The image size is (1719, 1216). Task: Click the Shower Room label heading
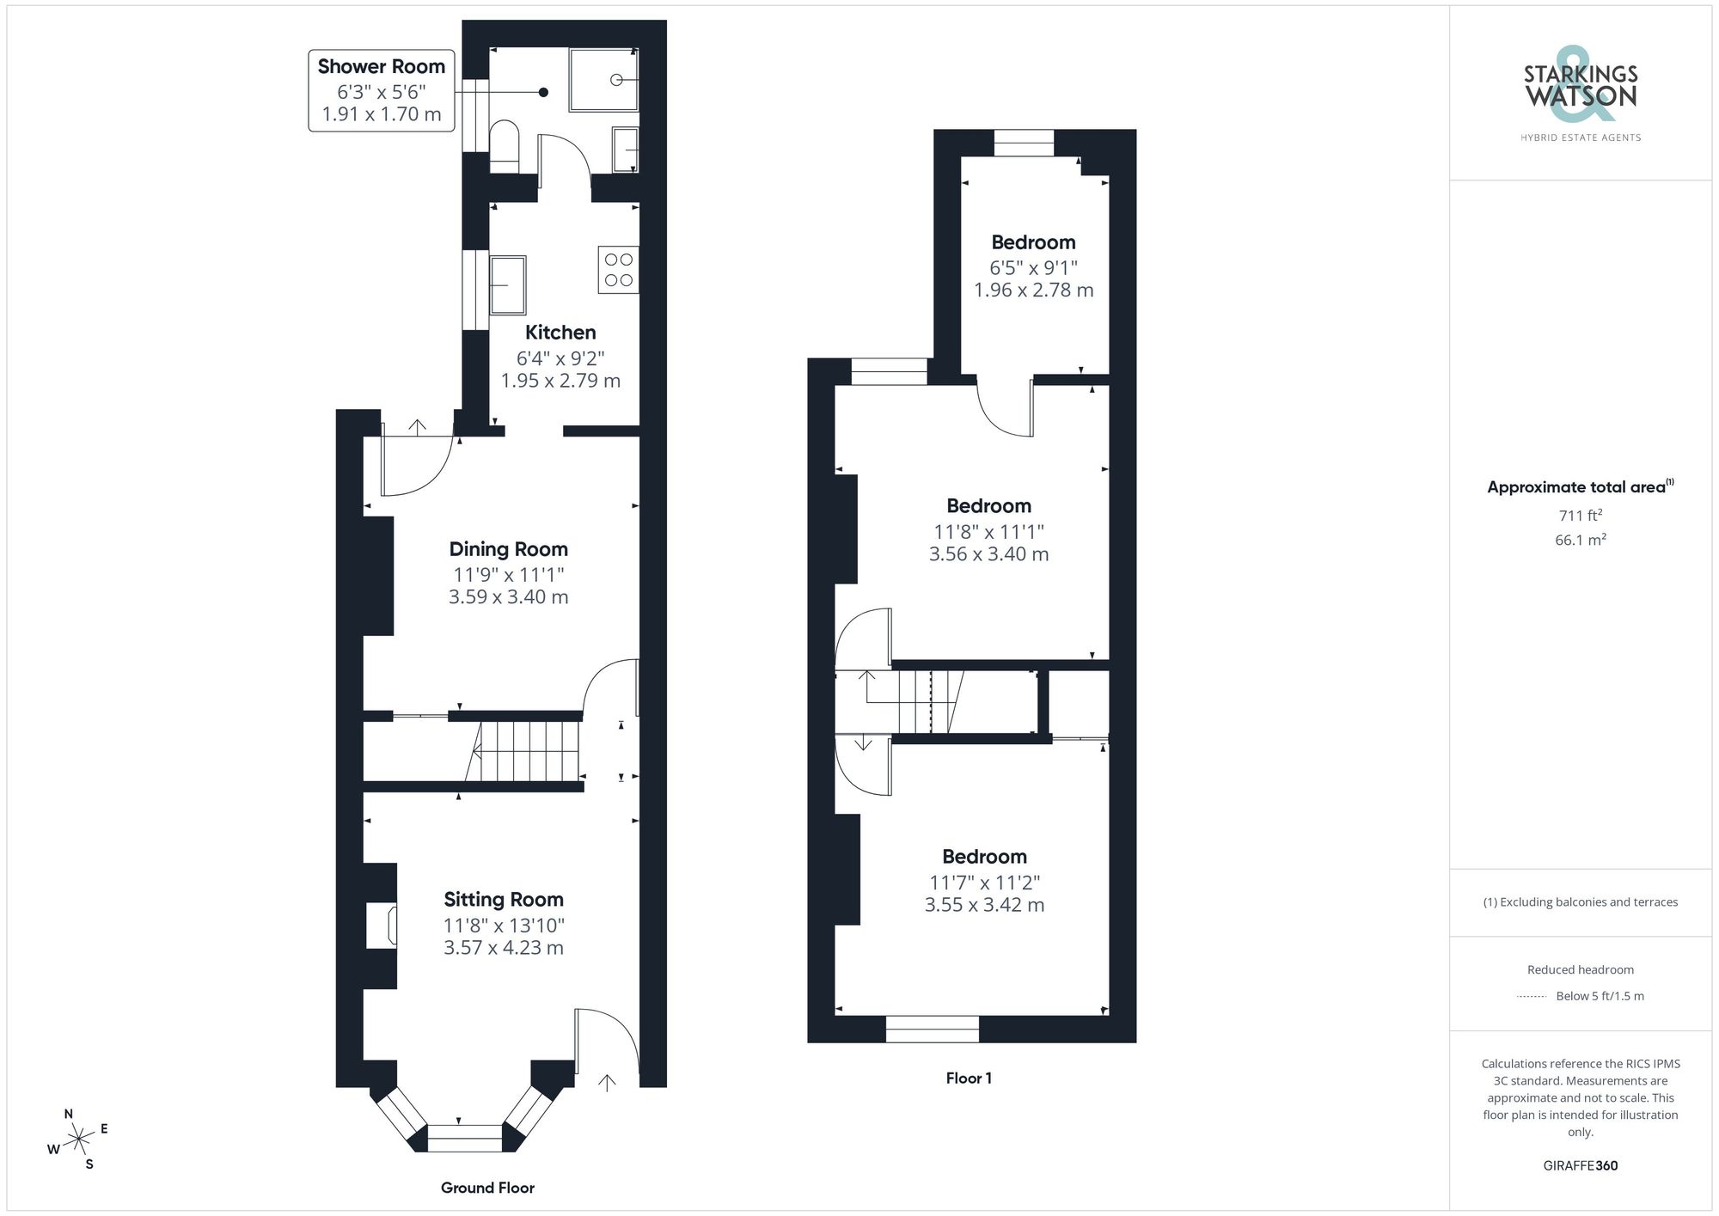point(381,66)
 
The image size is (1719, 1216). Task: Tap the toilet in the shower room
point(505,144)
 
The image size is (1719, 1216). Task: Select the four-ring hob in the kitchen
point(618,269)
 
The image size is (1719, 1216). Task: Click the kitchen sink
point(508,284)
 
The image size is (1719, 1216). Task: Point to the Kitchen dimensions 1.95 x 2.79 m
point(560,381)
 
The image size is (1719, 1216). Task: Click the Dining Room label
point(508,549)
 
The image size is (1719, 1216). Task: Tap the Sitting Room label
point(504,900)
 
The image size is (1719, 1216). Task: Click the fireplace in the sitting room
point(382,925)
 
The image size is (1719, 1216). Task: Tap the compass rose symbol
point(79,1140)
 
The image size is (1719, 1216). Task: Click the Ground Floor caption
point(487,1188)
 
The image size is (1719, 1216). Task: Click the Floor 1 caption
point(969,1079)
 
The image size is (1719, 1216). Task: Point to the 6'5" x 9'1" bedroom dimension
point(1033,267)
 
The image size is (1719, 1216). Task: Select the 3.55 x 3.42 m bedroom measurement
point(984,905)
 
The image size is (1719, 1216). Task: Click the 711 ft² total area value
point(1580,516)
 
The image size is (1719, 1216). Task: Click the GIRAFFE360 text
point(1580,1166)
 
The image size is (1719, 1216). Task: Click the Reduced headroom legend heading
point(1580,969)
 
